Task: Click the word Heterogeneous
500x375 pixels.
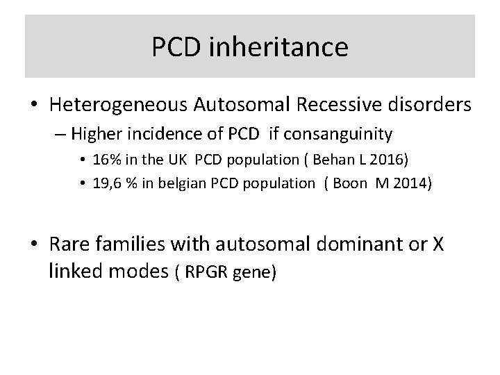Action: (x=116, y=106)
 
